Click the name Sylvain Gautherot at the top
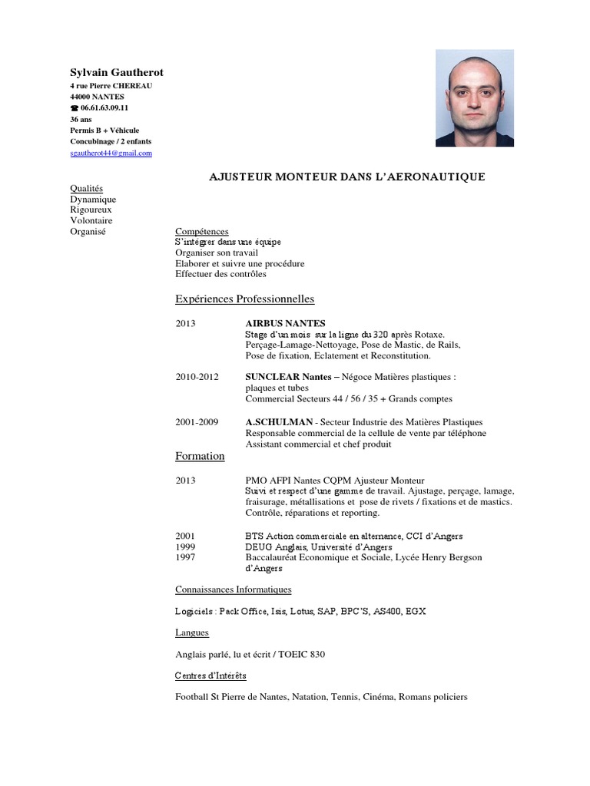pyautogui.click(x=117, y=72)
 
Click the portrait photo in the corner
pyautogui.click(x=474, y=98)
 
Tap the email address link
pyautogui.click(x=111, y=153)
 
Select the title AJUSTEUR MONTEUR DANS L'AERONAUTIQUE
pyautogui.click(x=347, y=177)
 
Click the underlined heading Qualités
pyautogui.click(x=86, y=188)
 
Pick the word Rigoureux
pyautogui.click(x=91, y=210)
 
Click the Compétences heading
pyautogui.click(x=201, y=231)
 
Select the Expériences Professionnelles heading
pyautogui.click(x=244, y=299)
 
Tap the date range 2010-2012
pyautogui.click(x=197, y=377)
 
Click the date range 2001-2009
pyautogui.click(x=197, y=421)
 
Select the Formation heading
pyautogui.click(x=200, y=456)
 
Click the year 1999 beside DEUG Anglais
pyautogui.click(x=185, y=547)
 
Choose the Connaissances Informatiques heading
pyautogui.click(x=233, y=589)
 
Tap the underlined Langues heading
pyautogui.click(x=192, y=632)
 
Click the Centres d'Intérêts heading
pyautogui.click(x=210, y=675)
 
